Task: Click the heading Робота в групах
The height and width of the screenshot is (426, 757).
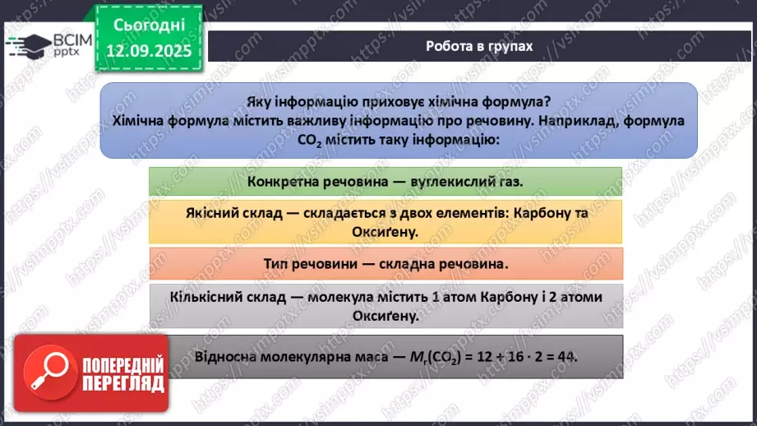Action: [478, 46]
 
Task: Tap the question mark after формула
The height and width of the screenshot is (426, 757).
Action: [549, 102]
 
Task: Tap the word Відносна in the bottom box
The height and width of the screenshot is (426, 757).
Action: [224, 356]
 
